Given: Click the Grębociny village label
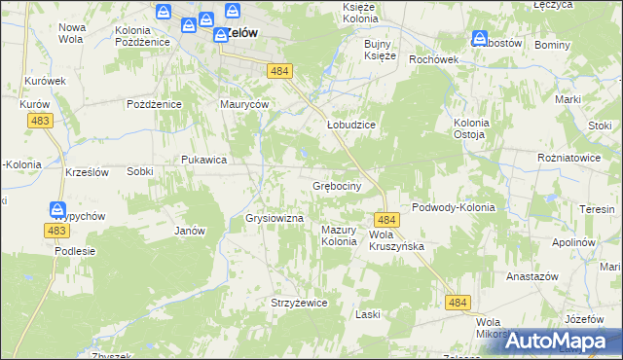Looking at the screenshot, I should point(337,185).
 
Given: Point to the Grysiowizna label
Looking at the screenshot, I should point(275,218).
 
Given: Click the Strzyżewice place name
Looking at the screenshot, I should point(299,303).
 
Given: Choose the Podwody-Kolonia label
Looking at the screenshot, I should point(454,207).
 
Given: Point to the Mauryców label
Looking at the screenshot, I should point(244,104).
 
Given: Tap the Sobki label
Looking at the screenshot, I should point(139,170).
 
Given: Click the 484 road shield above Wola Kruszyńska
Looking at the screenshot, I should point(385,221).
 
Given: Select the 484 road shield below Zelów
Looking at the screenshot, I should point(279,71).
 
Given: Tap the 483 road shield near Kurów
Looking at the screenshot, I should point(41,120).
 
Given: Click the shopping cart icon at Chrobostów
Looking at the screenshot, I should point(479,39).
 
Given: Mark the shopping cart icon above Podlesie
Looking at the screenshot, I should point(57,209).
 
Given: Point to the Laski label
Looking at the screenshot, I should point(367,314).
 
